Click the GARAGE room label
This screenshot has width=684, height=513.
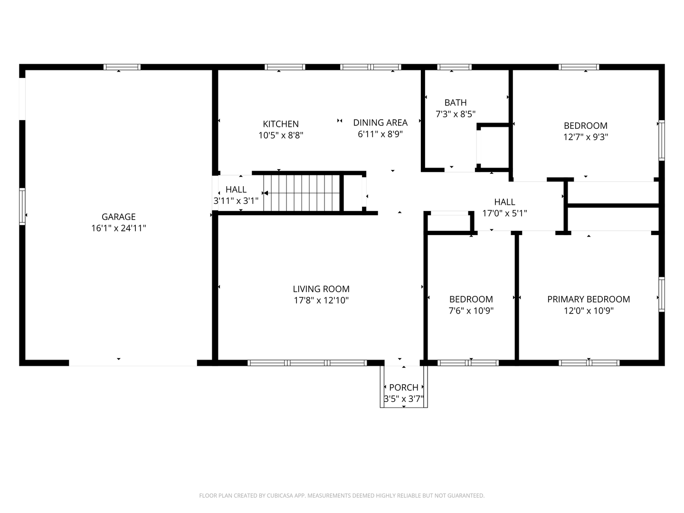pos(118,217)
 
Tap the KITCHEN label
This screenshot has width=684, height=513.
pos(280,124)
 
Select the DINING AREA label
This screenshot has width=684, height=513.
pos(380,123)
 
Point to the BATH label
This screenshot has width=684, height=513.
pos(455,103)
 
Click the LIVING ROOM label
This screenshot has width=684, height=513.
pos(321,289)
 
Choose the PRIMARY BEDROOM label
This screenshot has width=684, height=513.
pos(589,299)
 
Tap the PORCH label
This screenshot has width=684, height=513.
pos(404,388)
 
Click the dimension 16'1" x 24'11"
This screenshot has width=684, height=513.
pos(118,228)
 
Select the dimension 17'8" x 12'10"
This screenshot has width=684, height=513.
pos(321,301)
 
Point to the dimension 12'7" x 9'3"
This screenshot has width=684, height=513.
pos(586,137)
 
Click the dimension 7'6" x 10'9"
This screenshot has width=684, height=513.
pos(471,311)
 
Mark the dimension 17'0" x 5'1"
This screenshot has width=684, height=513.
pos(504,213)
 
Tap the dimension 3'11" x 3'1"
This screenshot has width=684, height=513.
pos(236,201)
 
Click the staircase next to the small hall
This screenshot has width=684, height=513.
pos(301,193)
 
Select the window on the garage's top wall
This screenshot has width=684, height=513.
pos(122,67)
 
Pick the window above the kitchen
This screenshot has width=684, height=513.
pos(285,67)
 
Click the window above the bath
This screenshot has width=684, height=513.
pos(454,67)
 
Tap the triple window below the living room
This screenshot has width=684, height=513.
pos(307,363)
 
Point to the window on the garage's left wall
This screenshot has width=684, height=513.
pos(22,207)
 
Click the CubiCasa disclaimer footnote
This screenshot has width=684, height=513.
pos(342,495)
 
